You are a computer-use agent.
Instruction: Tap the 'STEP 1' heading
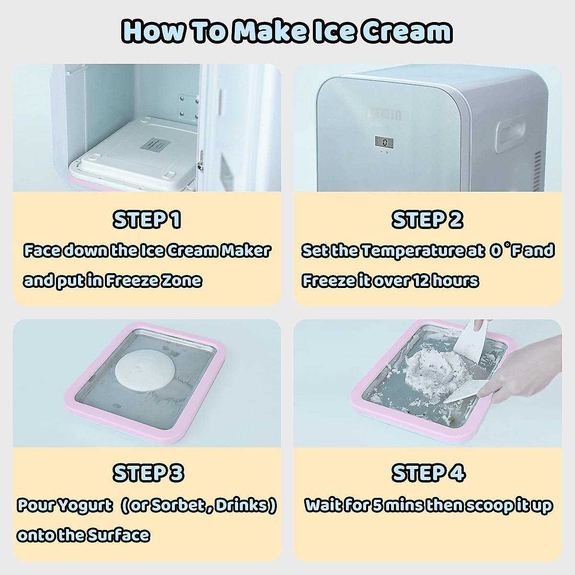tap(147, 220)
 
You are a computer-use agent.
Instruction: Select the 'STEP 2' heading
tap(427, 220)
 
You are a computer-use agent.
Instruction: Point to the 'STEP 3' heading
tap(148, 473)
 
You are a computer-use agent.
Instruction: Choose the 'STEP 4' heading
tap(428, 473)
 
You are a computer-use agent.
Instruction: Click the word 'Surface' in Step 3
tap(117, 535)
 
